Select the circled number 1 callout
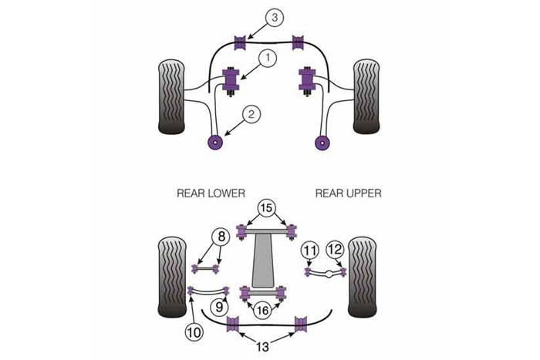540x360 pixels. pyautogui.click(x=267, y=56)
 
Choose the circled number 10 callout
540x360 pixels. pyautogui.click(x=191, y=333)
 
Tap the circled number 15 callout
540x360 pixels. pyautogui.click(x=265, y=208)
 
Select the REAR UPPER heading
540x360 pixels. pyautogui.click(x=348, y=193)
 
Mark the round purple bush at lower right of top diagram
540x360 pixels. pyautogui.click(x=323, y=142)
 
